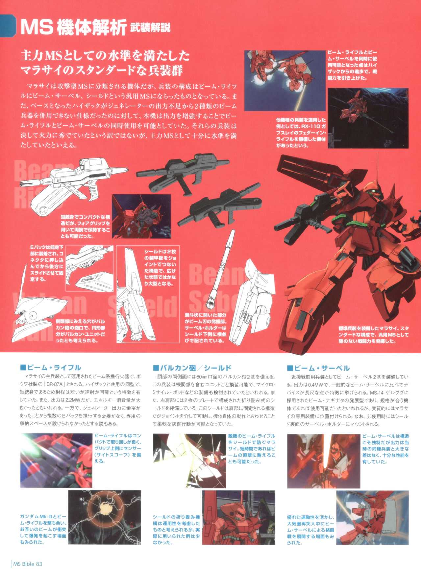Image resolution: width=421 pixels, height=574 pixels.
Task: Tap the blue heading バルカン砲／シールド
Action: point(195,368)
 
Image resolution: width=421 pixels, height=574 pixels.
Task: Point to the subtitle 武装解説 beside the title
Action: point(151,28)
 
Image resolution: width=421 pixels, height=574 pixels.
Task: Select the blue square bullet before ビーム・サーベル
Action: point(290,368)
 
